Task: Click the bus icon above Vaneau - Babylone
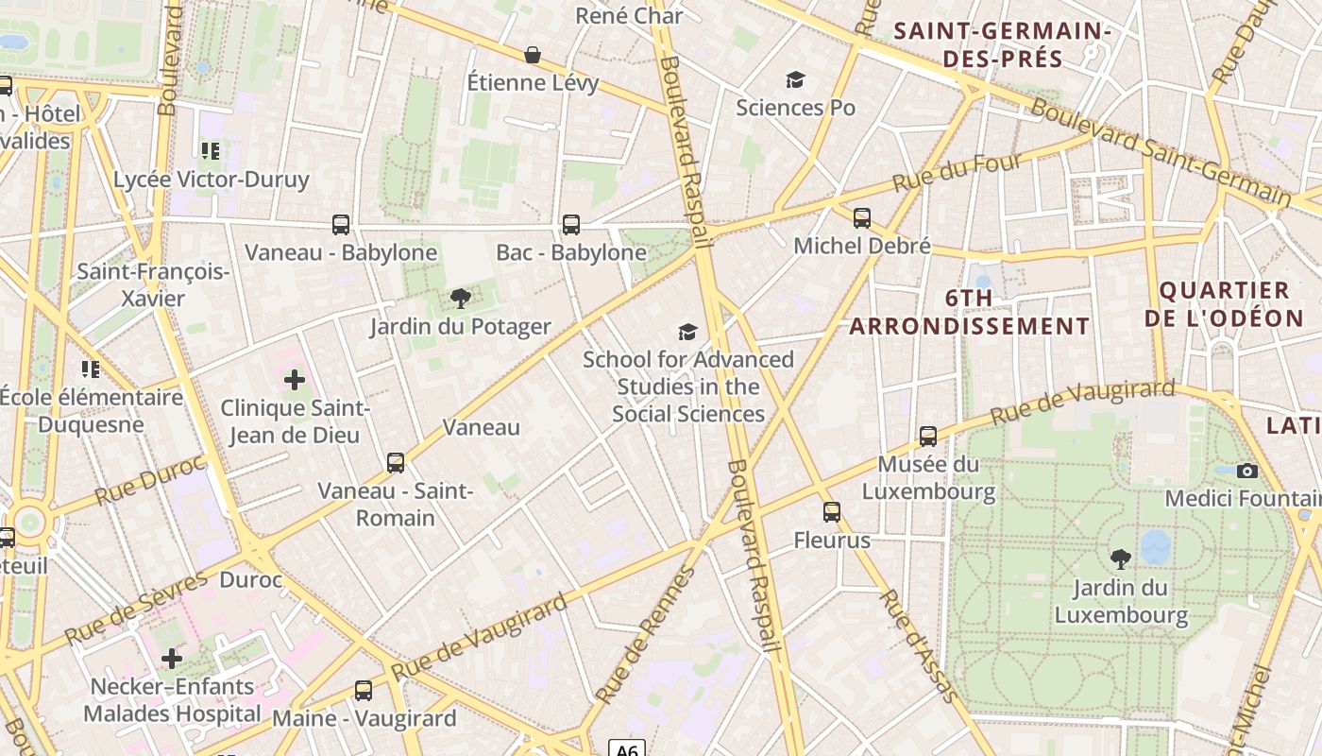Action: (341, 225)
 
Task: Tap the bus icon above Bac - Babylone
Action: (571, 225)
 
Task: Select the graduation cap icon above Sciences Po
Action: (796, 79)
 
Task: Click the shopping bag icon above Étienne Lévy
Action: (533, 55)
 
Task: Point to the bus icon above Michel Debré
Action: (862, 218)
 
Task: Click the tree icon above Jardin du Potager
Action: (460, 300)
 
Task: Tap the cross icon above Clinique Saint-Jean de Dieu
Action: (295, 380)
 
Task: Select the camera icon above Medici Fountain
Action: (1247, 471)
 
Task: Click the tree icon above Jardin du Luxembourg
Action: (1121, 559)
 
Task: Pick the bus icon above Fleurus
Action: (832, 512)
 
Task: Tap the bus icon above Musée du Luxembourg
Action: (928, 437)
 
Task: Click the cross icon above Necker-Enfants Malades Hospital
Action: (172, 659)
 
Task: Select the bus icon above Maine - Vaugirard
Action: (364, 691)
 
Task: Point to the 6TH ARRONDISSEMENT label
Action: (970, 312)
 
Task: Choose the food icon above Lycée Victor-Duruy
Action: (211, 151)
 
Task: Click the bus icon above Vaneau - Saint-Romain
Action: (396, 463)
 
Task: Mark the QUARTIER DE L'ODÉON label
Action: (1224, 304)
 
